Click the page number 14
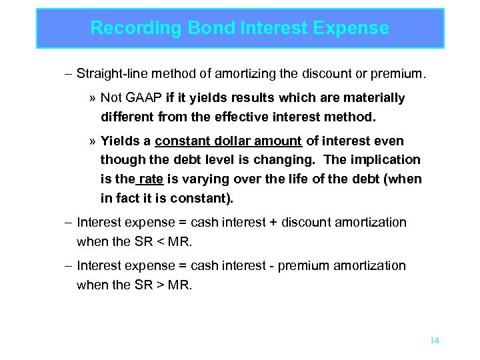point(435,341)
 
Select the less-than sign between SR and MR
point(150,241)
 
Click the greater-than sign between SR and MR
point(150,285)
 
